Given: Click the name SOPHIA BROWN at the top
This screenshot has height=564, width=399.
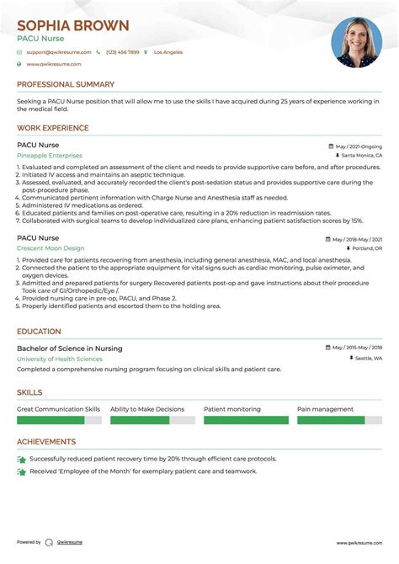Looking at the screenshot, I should (73, 25).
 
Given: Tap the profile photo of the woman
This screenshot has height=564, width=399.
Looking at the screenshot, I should (356, 42).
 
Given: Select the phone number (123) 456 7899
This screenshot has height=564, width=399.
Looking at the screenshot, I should (123, 52).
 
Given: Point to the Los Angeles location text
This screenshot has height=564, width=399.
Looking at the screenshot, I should (168, 52).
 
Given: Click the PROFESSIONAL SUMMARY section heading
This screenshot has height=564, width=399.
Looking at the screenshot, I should (66, 85).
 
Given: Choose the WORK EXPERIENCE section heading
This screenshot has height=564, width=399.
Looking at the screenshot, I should (52, 129).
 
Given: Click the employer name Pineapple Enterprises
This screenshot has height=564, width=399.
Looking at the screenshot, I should (50, 156).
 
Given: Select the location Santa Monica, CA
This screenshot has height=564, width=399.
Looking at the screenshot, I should (361, 156).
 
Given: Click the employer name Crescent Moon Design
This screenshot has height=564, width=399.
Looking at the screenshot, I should (51, 248).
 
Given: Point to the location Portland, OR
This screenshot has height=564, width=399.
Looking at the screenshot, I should (366, 249).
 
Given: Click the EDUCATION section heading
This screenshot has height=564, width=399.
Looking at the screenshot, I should (39, 332).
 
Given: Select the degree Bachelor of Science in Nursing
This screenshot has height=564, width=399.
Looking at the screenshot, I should (69, 349).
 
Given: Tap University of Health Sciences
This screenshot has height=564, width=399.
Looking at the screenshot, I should (60, 359).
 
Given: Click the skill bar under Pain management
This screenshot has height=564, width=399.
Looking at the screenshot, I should (339, 419).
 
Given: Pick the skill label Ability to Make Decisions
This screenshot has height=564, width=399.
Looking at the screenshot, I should (146, 409).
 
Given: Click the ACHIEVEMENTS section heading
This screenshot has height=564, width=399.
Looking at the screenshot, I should (46, 442).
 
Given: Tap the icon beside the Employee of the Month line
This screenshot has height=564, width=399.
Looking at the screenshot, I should (21, 471).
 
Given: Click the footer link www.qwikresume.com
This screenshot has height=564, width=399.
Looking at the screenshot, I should (359, 542).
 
